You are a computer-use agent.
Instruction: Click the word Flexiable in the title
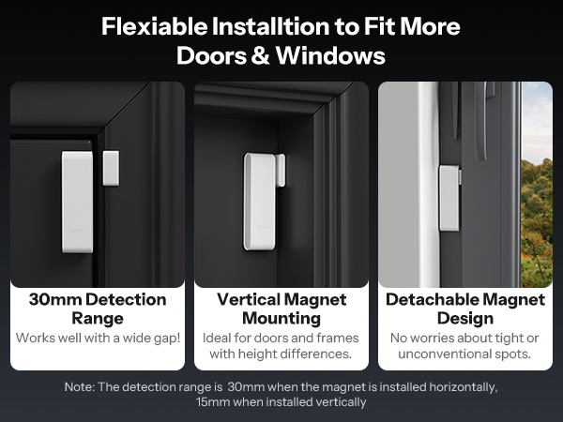(x=155, y=26)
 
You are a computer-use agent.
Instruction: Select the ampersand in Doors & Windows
(x=260, y=55)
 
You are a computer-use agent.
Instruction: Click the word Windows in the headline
(x=330, y=55)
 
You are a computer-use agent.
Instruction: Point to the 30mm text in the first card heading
(x=55, y=300)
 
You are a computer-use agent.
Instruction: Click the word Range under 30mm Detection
(x=98, y=319)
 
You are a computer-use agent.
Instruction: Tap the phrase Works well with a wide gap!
(x=98, y=338)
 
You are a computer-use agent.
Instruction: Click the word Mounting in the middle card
(x=281, y=319)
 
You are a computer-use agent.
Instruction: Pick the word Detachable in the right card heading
(x=432, y=299)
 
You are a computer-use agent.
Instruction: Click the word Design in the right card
(x=465, y=318)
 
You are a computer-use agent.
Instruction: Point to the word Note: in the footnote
(x=80, y=386)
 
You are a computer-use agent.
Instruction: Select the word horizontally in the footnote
(x=464, y=386)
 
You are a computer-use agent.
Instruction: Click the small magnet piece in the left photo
(x=111, y=168)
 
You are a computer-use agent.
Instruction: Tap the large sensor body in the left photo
(x=77, y=202)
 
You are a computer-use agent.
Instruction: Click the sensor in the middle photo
(x=263, y=201)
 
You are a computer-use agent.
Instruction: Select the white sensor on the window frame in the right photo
(x=449, y=198)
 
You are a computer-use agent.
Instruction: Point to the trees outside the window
(x=537, y=222)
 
